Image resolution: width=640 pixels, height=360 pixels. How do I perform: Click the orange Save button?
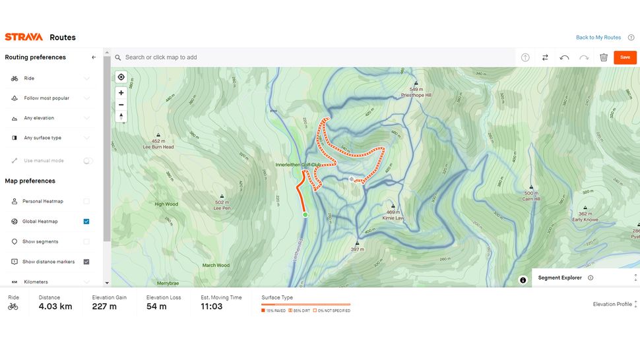(x=624, y=57)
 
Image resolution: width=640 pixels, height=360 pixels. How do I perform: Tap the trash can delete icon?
(x=603, y=57)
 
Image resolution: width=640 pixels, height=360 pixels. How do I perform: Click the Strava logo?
(x=24, y=38)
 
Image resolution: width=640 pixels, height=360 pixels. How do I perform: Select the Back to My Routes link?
(x=598, y=38)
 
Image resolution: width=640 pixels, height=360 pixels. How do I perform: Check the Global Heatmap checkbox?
(x=86, y=222)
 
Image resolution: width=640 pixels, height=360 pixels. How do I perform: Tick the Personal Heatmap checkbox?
(x=86, y=201)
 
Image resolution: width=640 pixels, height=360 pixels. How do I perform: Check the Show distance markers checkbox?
(x=86, y=262)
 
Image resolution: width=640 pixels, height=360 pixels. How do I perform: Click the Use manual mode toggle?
(x=88, y=161)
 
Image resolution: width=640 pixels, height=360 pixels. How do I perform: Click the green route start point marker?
(x=305, y=215)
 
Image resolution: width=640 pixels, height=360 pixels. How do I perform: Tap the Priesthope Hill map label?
(x=416, y=95)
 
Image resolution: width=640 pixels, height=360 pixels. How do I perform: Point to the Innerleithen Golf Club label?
(x=298, y=164)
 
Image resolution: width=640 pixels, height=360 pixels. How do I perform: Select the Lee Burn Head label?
(x=158, y=146)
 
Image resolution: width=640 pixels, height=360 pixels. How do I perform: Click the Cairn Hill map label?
(x=531, y=198)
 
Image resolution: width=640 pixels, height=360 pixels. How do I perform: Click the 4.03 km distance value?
(x=55, y=307)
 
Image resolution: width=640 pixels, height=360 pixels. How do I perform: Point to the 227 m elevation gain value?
(x=104, y=307)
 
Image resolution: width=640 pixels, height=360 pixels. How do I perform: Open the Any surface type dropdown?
(x=50, y=138)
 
